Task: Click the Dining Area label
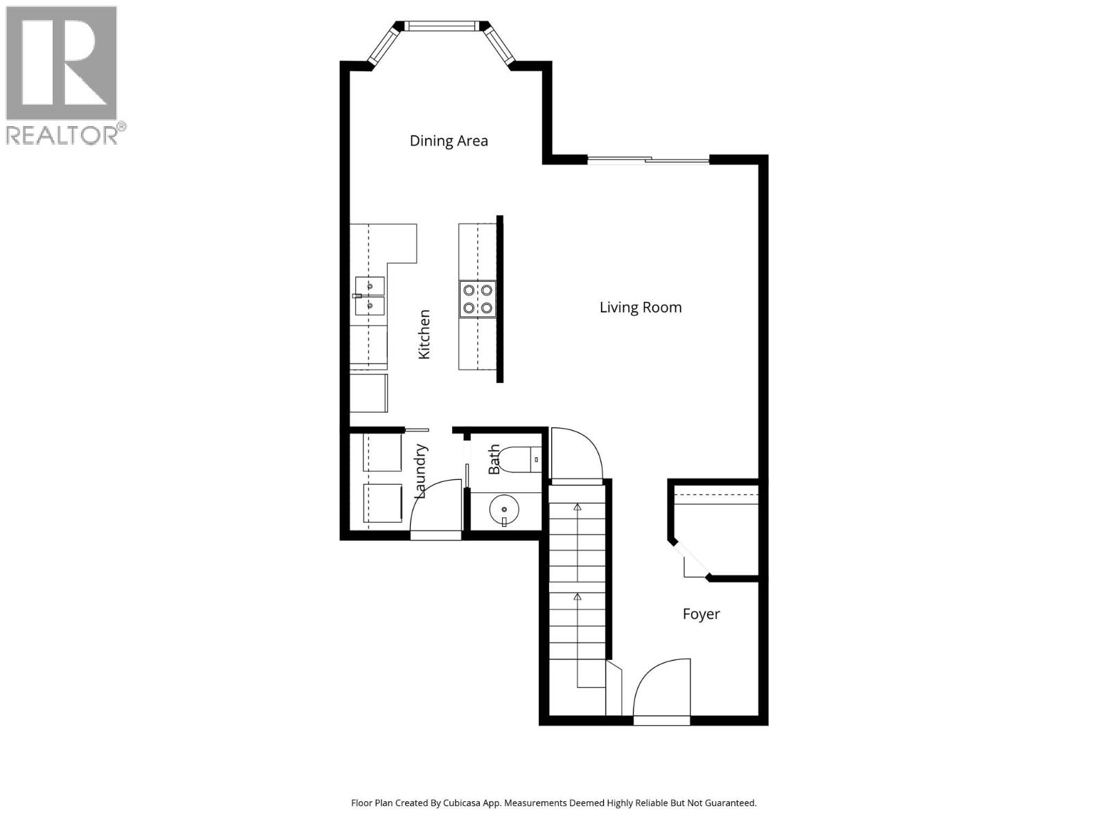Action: click(449, 141)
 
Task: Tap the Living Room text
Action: click(641, 307)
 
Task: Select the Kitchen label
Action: click(425, 334)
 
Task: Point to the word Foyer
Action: click(701, 614)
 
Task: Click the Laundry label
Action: click(420, 472)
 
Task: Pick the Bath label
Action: click(494, 460)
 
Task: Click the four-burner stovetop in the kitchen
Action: click(478, 299)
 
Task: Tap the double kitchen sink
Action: click(370, 296)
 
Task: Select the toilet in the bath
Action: click(518, 460)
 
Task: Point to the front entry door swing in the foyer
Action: click(661, 689)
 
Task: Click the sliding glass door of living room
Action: click(648, 161)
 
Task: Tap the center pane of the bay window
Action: click(441, 26)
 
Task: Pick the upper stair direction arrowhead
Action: click(578, 507)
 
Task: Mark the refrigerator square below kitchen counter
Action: click(368, 393)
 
